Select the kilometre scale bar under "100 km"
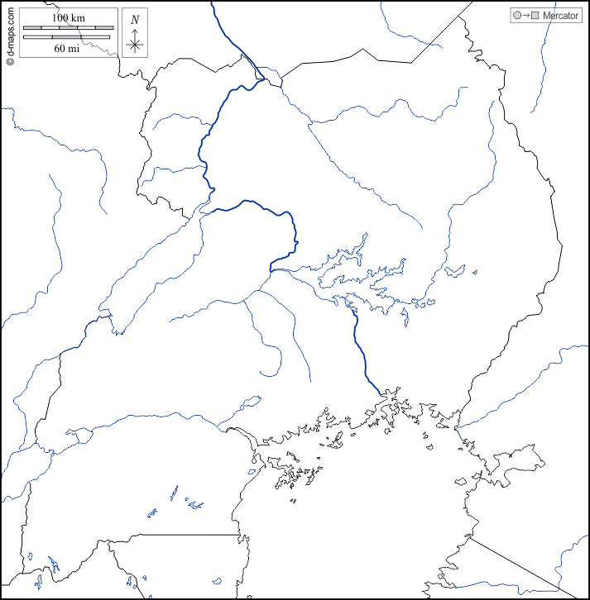click(67, 28)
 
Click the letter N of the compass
click(135, 19)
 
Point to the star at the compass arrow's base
click(135, 45)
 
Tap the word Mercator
click(560, 16)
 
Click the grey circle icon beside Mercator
click(516, 16)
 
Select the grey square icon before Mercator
click(535, 16)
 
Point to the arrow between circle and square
click(525, 16)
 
